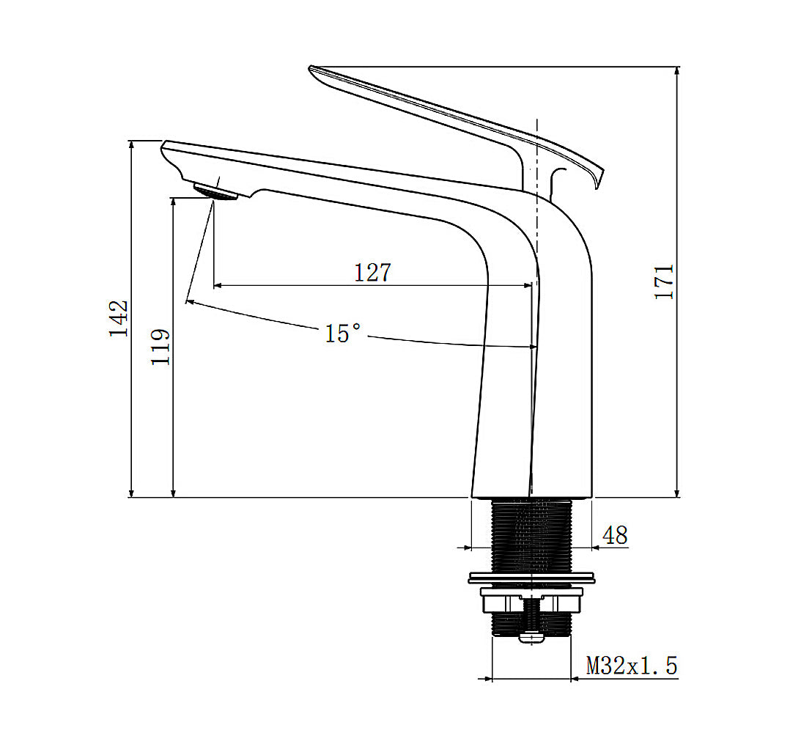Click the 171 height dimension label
664,281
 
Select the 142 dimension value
119,318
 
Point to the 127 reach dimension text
373,273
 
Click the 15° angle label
343,334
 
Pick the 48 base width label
614,536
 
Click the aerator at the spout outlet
215,192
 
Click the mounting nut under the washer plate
531,603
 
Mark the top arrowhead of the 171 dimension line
677,70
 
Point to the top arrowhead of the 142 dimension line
132,144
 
